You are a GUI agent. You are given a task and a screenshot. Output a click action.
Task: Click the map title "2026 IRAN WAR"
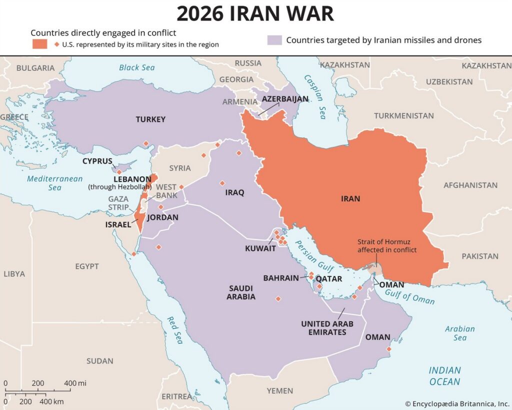coord(255,14)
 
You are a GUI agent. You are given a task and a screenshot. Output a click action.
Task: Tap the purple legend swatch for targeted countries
coord(274,40)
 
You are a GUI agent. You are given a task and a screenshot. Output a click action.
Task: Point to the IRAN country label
coord(350,198)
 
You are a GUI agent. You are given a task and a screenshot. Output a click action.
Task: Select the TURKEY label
coord(150,119)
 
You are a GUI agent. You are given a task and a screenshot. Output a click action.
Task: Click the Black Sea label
coord(136,67)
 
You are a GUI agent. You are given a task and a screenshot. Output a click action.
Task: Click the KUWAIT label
coord(260,248)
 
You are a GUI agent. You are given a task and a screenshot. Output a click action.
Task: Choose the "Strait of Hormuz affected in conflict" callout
coord(386,245)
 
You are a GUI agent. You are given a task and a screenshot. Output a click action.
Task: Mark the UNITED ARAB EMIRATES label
coord(327,328)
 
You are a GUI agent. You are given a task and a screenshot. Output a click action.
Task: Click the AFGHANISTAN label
coord(470,185)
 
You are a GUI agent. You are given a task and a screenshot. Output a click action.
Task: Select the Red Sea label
coord(175,330)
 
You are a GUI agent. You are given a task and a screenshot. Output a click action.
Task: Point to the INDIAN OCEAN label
coord(444,376)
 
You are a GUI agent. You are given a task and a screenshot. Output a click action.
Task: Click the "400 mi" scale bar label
coord(75,383)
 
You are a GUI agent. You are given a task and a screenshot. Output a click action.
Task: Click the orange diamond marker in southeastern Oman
coord(389,349)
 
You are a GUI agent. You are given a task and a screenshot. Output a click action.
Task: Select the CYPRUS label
coord(97,161)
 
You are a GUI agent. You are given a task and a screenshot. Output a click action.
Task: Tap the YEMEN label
coord(279,390)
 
